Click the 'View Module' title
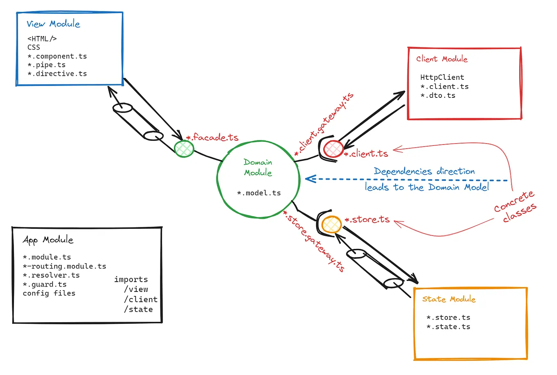tap(53, 24)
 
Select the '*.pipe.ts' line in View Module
tap(46, 65)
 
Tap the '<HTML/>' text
tap(42, 39)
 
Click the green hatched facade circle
tap(184, 149)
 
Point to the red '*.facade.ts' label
tap(212, 137)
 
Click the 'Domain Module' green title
tap(258, 167)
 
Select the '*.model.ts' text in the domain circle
tap(259, 193)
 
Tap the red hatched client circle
tap(333, 149)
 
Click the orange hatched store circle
tap(331, 224)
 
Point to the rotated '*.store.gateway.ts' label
tap(314, 241)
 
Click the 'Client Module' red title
tap(442, 59)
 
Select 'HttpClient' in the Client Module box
tap(442, 77)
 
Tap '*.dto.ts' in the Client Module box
tap(438, 95)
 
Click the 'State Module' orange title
tap(449, 299)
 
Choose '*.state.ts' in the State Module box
tap(448, 327)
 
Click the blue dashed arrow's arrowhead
tap(310, 179)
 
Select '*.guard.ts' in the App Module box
tap(45, 285)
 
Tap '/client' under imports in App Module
tap(141, 300)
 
